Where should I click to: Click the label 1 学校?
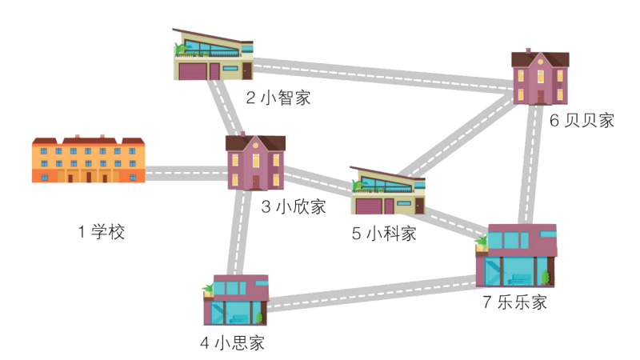(x=101, y=233)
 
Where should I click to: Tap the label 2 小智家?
(x=278, y=98)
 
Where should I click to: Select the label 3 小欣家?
(x=294, y=207)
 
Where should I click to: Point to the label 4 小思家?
(x=232, y=344)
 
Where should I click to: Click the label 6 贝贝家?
(x=582, y=121)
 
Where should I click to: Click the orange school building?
(x=88, y=160)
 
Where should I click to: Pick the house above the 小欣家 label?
(x=255, y=162)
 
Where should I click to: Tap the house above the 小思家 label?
(x=235, y=301)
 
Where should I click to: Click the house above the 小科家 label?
(x=388, y=193)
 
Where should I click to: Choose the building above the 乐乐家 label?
(x=516, y=255)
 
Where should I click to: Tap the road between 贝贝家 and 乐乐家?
(x=527, y=164)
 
